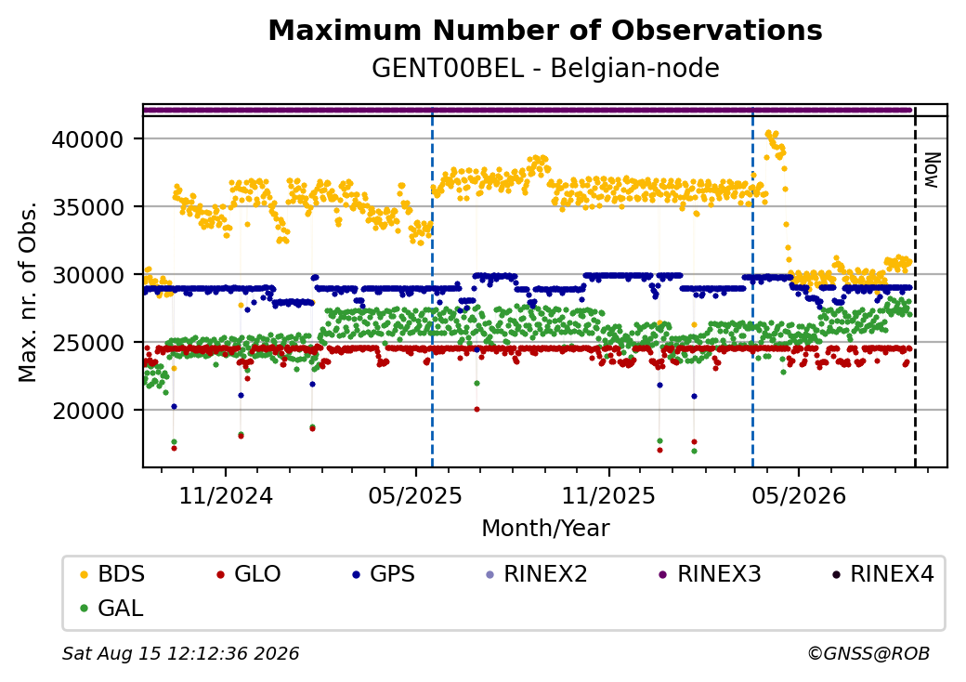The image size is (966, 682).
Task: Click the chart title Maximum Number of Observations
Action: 545,30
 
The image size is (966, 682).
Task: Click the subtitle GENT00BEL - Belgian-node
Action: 545,68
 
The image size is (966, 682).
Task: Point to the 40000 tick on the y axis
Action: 87,139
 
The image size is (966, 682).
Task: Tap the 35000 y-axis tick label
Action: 87,207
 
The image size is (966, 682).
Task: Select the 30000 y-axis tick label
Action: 87,275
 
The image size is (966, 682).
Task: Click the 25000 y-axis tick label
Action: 87,343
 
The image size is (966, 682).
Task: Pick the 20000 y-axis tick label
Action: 87,411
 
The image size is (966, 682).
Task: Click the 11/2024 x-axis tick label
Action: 226,495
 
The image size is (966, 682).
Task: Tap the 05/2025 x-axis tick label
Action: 416,495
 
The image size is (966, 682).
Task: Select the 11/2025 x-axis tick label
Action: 608,495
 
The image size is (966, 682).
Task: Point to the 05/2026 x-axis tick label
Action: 799,495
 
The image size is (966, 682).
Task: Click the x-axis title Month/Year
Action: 545,528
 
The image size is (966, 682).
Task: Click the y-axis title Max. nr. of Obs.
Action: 28,292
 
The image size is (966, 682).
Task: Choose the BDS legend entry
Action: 113,574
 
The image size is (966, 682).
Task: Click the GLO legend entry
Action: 249,574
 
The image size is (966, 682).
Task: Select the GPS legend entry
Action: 384,574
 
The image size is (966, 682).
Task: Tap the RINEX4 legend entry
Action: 882,574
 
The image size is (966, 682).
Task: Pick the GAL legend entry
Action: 112,608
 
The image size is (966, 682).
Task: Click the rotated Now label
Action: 933,171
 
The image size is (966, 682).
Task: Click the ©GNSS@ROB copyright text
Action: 868,653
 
